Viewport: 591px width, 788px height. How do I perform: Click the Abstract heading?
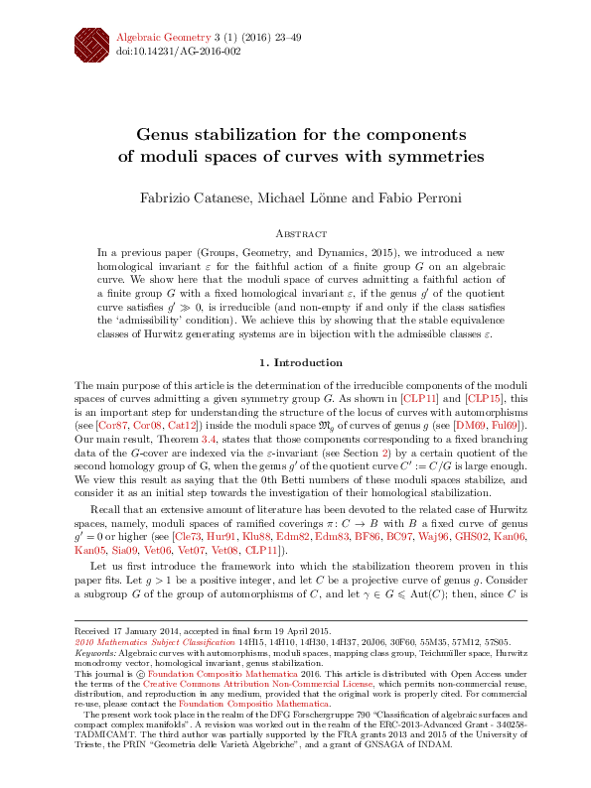coord(295,235)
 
